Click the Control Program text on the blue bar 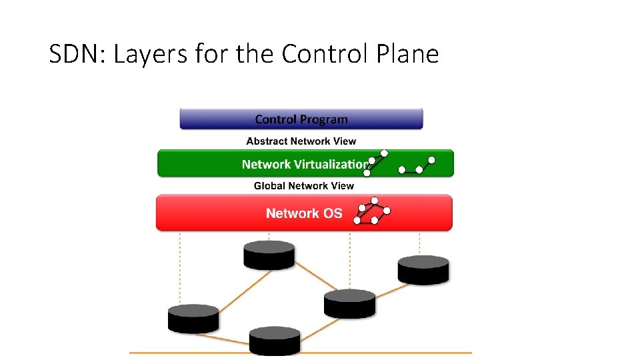(x=301, y=119)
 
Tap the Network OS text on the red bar (x=304, y=213)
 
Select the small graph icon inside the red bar (x=372, y=211)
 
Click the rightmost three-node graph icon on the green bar (x=418, y=166)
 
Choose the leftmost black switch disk (x=193, y=319)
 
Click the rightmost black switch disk (x=423, y=270)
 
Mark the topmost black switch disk (x=269, y=255)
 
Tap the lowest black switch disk (x=275, y=341)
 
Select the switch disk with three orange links (x=349, y=304)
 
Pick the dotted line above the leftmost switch (x=179, y=267)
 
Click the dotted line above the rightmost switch (x=419, y=243)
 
